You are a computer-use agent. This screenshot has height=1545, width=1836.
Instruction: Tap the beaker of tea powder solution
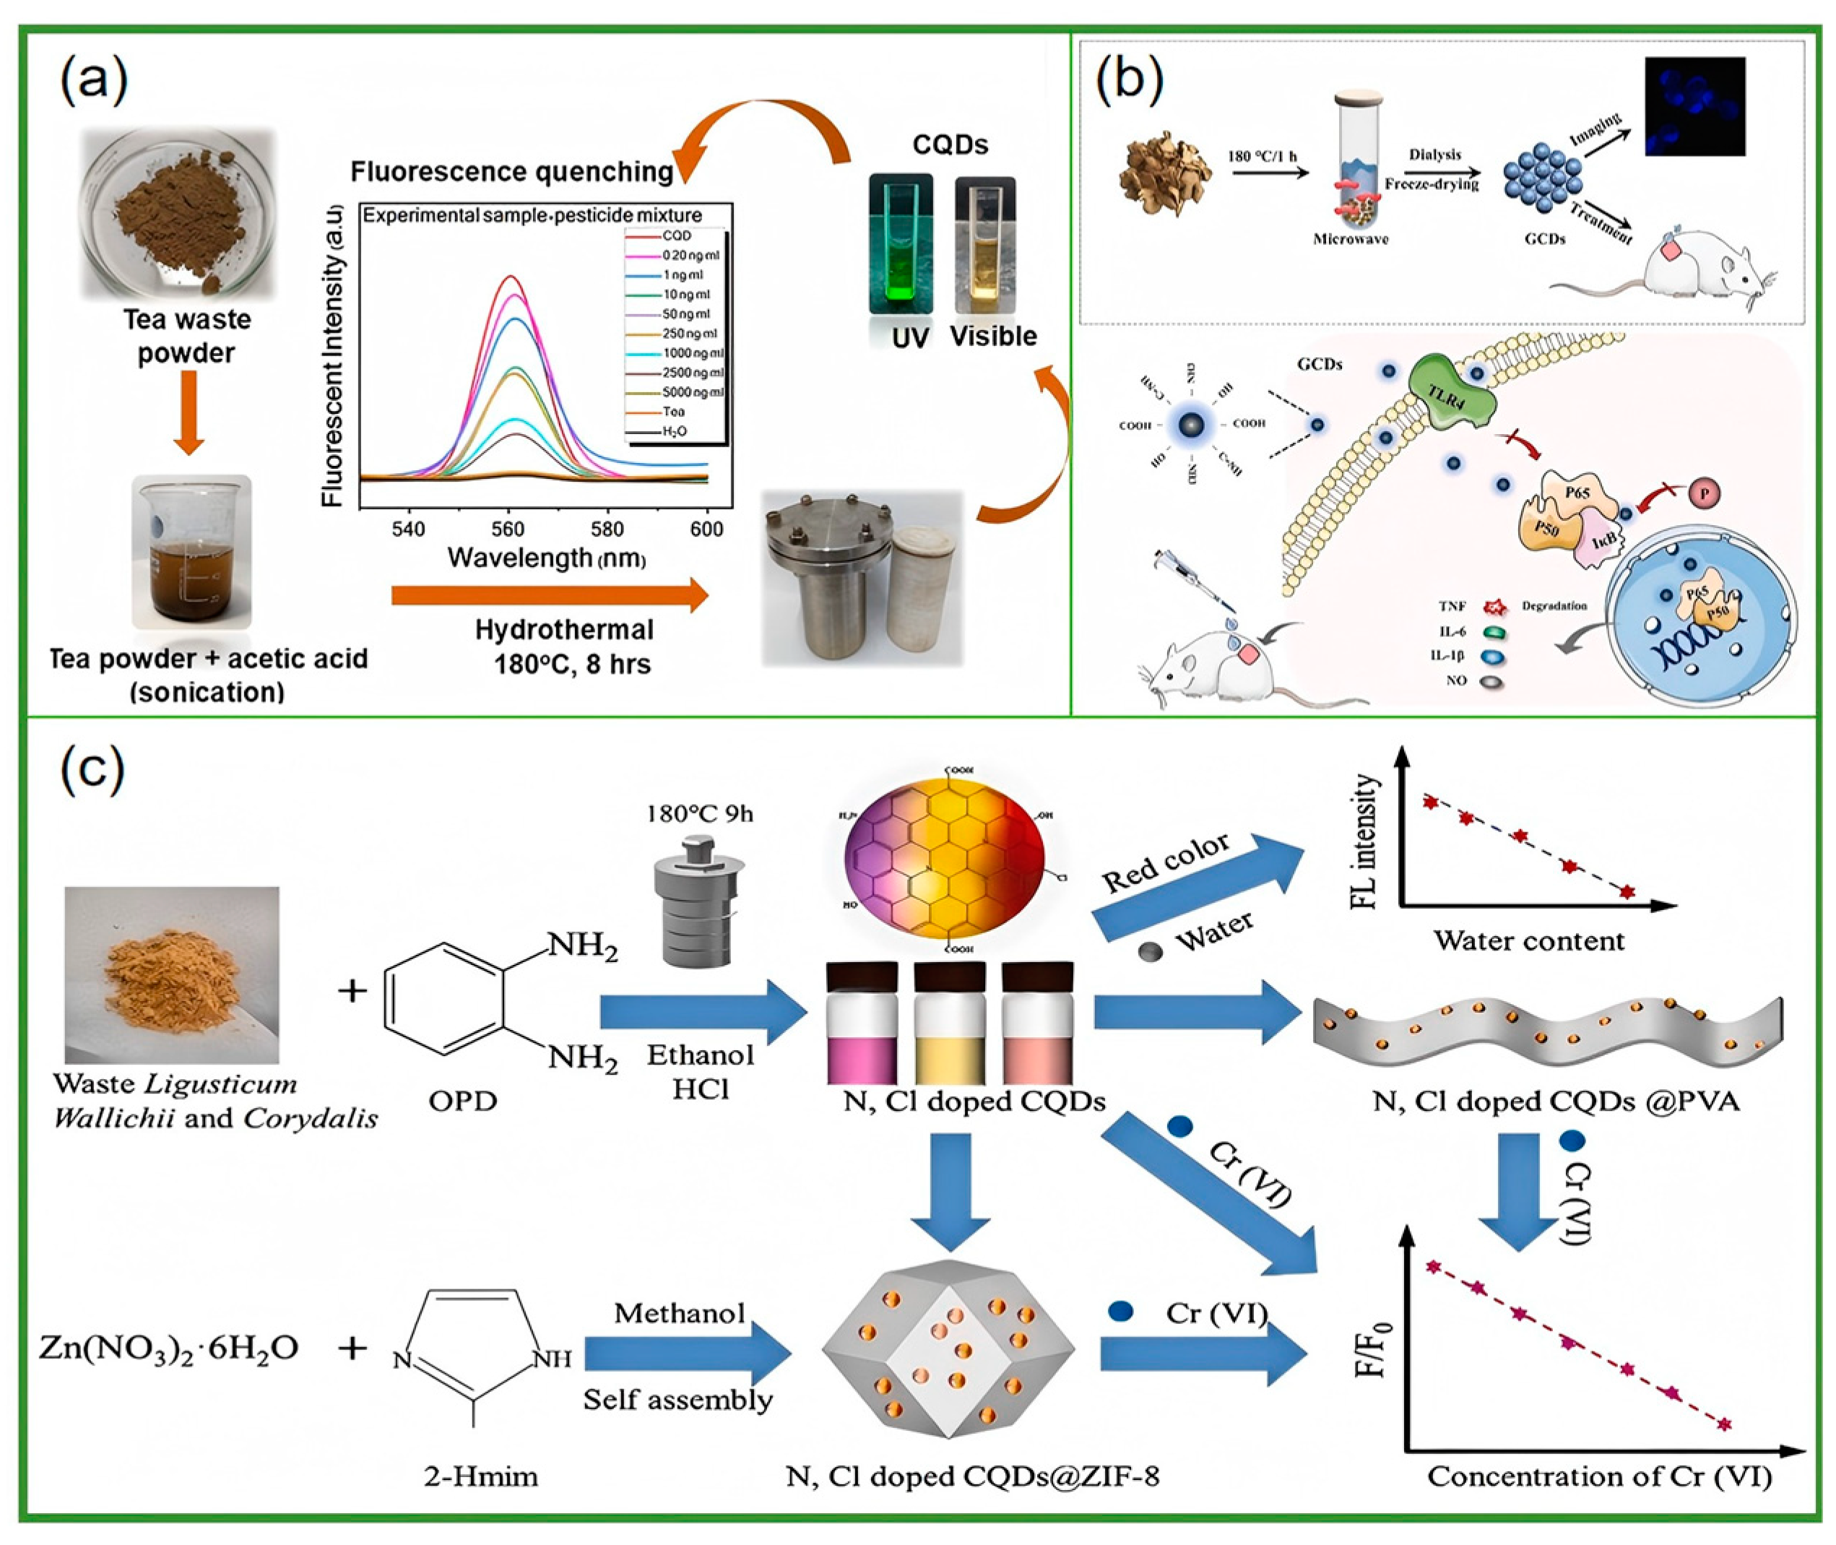(191, 551)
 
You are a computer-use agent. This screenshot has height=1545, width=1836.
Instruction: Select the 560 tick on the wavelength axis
(507, 528)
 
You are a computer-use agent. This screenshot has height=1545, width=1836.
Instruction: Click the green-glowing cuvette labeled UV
(900, 246)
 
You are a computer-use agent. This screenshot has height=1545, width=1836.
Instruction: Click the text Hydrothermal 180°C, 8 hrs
(565, 646)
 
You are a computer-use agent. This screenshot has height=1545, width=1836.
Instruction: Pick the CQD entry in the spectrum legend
(675, 235)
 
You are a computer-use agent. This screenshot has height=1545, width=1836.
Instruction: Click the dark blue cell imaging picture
(1694, 106)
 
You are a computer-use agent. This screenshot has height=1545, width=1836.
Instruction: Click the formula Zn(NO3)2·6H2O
(169, 1347)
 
